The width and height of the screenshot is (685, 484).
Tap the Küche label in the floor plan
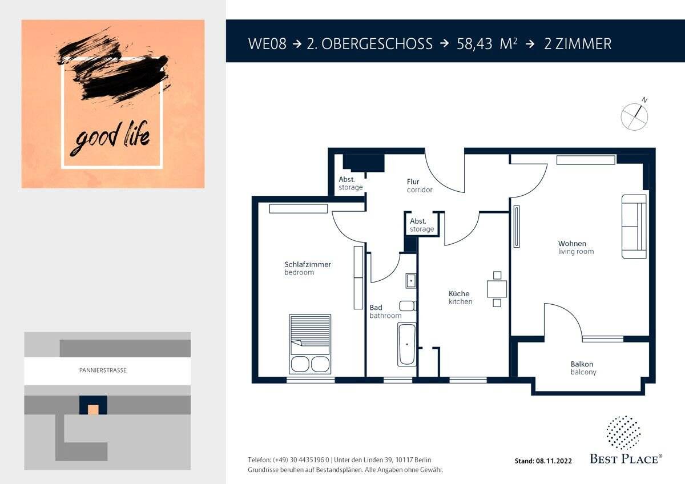(x=459, y=293)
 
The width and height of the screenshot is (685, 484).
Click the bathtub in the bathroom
(x=406, y=344)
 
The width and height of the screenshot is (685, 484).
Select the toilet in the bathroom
(x=408, y=306)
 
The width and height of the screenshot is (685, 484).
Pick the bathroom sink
(x=410, y=281)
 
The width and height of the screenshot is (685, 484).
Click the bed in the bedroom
(x=310, y=344)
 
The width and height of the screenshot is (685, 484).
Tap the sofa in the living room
(x=634, y=226)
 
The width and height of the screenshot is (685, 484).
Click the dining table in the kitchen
(x=497, y=289)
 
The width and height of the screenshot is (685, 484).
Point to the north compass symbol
(x=635, y=115)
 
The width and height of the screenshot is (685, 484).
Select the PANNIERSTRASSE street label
(x=103, y=370)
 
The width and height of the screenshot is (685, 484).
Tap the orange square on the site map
(x=93, y=410)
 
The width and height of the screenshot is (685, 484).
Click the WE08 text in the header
(x=267, y=44)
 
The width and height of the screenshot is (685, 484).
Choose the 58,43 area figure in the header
(x=474, y=44)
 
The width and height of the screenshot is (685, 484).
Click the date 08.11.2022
(x=554, y=461)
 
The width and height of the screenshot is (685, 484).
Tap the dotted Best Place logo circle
(x=623, y=432)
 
